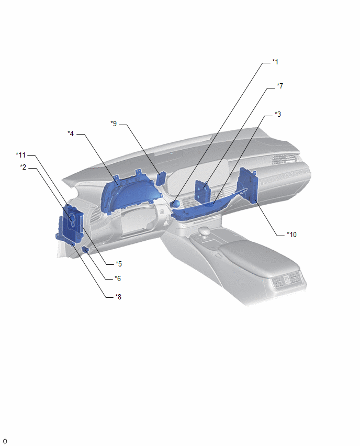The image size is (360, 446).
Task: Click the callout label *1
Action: (x=275, y=62)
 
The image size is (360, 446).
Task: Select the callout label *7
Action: (x=280, y=86)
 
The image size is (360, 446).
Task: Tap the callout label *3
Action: (x=277, y=114)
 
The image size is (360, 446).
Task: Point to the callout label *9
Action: (x=114, y=124)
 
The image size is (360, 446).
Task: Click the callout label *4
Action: (x=71, y=133)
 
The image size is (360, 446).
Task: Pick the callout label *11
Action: (x=21, y=155)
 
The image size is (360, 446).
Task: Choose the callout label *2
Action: (x=23, y=168)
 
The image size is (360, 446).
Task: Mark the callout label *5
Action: (x=119, y=264)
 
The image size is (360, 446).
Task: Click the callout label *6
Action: (x=118, y=278)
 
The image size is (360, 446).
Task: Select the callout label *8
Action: (x=118, y=297)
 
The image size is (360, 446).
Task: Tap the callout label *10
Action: (x=291, y=235)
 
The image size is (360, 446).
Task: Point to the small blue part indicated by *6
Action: (x=85, y=250)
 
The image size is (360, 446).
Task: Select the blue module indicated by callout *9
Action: (x=161, y=179)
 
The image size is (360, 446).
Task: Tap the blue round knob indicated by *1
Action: (x=176, y=204)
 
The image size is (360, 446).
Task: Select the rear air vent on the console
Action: (x=287, y=280)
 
